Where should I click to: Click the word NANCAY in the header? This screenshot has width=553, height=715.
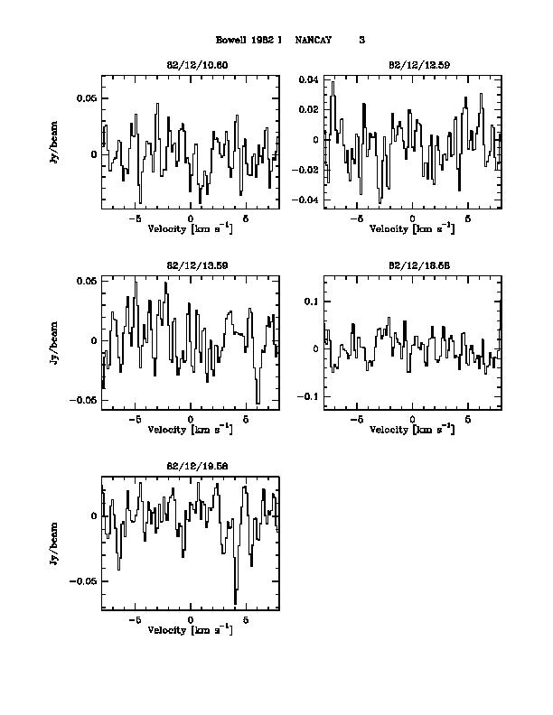(x=314, y=40)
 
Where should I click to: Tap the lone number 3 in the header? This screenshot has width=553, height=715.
(x=362, y=40)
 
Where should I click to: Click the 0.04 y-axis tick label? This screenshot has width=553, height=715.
(x=308, y=80)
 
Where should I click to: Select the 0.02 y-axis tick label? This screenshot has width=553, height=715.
(x=308, y=110)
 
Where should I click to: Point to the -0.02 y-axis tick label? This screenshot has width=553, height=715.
(x=306, y=170)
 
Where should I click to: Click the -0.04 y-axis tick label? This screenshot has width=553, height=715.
(x=306, y=200)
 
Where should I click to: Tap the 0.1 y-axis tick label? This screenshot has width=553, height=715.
(x=312, y=301)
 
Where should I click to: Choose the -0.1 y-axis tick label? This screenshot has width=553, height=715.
(x=310, y=396)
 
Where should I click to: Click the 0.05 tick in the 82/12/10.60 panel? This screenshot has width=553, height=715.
(x=85, y=98)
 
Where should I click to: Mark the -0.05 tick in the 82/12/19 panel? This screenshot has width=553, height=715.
(x=83, y=581)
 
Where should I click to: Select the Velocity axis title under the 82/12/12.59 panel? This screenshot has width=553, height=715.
(x=412, y=228)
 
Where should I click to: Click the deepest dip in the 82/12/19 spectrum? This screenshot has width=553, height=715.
(x=236, y=603)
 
